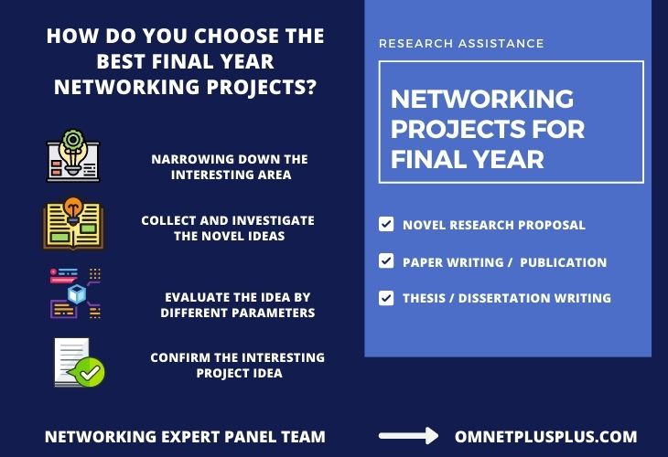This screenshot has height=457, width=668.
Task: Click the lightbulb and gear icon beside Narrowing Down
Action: point(73,156)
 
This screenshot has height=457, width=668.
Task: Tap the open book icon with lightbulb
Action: point(73,224)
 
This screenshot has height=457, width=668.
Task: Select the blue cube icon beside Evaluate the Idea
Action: point(77,295)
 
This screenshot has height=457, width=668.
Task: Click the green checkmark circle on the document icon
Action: point(92,371)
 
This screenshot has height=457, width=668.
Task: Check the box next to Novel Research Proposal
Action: point(386,224)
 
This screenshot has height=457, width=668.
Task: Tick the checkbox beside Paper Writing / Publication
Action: point(386,261)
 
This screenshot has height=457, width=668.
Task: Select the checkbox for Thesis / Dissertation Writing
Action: point(386,298)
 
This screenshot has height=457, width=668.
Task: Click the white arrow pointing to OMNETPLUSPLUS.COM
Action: point(408,437)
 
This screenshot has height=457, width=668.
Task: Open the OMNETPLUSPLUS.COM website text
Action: point(545,437)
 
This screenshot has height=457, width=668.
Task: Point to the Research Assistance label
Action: point(461,44)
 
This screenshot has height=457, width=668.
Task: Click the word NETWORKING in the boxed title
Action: point(482,99)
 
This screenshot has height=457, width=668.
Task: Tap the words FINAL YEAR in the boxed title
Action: point(468,159)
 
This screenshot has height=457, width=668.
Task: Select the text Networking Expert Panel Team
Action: point(185,437)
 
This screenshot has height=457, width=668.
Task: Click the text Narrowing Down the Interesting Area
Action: point(229,166)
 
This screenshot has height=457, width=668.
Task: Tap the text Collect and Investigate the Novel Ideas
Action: point(227,228)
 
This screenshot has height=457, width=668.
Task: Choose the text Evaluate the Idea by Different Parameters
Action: point(237,305)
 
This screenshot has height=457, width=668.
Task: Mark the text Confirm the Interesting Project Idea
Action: point(237,365)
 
